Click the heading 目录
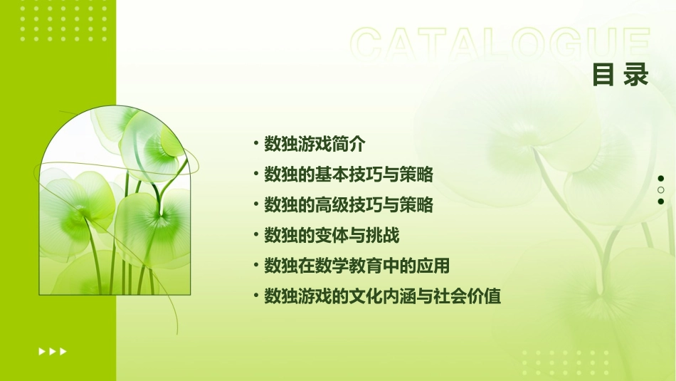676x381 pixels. click(x=620, y=74)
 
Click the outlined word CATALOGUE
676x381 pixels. click(x=501, y=45)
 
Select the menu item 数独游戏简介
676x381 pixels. click(x=315, y=144)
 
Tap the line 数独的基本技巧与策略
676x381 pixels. click(x=349, y=174)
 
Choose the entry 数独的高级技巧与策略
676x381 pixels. click(x=349, y=205)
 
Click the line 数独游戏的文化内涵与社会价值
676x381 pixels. click(x=383, y=297)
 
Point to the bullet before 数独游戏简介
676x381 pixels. click(x=255, y=143)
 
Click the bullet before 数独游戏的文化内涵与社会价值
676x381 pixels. click(x=255, y=296)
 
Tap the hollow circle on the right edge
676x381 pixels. click(x=661, y=190)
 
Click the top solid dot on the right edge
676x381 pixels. click(x=661, y=179)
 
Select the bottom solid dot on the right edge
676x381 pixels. click(x=661, y=202)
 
